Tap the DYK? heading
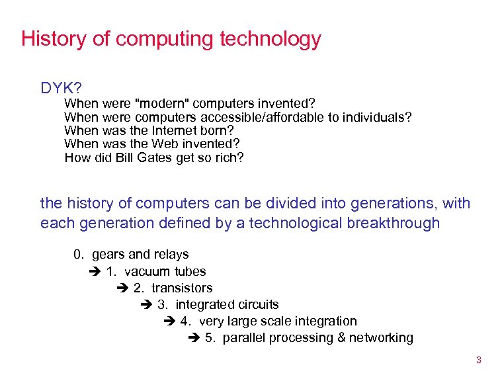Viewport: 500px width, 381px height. [61, 88]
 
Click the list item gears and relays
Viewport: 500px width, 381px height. [140, 255]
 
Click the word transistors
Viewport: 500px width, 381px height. [182, 288]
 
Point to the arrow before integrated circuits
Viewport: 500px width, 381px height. [147, 305]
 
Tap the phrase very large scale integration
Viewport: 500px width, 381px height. [277, 321]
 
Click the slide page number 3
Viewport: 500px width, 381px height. [478, 360]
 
